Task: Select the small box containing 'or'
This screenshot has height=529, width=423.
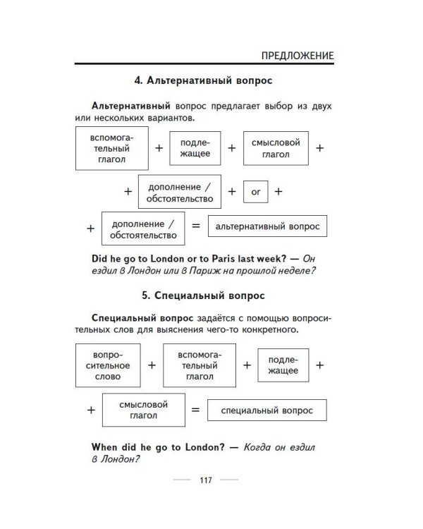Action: pos(256,191)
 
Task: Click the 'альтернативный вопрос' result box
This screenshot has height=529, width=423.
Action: pos(267,226)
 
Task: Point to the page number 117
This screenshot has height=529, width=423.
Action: pos(205,481)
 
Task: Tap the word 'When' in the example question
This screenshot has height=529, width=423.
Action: pos(105,446)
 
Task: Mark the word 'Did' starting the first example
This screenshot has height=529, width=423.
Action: pos(100,257)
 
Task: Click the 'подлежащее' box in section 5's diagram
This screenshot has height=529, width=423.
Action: pos(282,365)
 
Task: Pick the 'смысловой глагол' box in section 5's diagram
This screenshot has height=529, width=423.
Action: pos(145,410)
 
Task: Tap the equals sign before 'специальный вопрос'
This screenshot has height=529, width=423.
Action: pos(196,410)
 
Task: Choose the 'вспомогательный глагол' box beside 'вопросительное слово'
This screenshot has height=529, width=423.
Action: pos(198,365)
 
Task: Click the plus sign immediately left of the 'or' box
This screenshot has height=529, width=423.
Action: pos(232,191)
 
